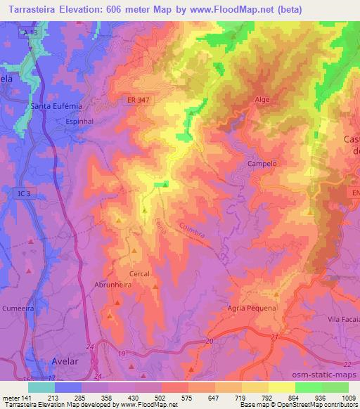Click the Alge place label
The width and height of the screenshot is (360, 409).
point(261,100)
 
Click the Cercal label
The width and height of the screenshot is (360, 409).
point(140,273)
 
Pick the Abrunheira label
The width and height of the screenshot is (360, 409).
point(113,285)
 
